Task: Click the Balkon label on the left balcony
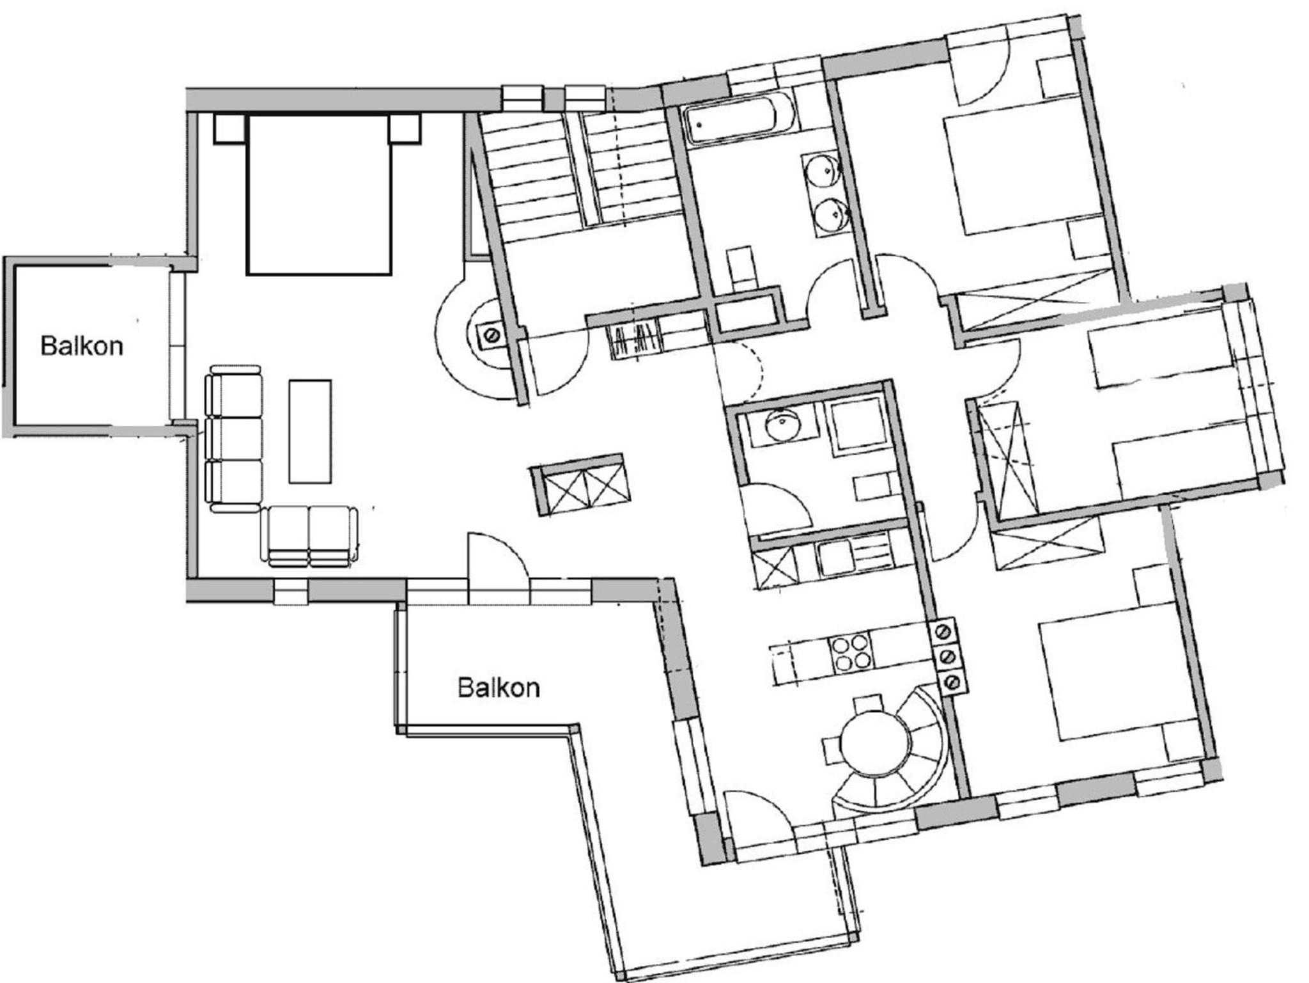[x=82, y=346]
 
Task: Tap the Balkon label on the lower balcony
[x=499, y=688]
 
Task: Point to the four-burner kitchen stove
[x=851, y=652]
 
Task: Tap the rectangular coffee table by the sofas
[x=310, y=431]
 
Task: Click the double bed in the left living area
[x=318, y=194]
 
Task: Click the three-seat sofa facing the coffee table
[x=234, y=439]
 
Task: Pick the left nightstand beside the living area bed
[x=229, y=129]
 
